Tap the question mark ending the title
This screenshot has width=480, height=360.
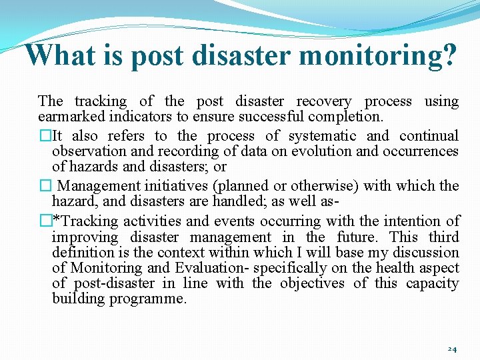[x=448, y=55]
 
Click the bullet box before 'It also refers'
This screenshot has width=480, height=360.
[x=45, y=136]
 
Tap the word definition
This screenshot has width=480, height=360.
[x=83, y=253]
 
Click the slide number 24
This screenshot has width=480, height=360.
[x=451, y=349]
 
